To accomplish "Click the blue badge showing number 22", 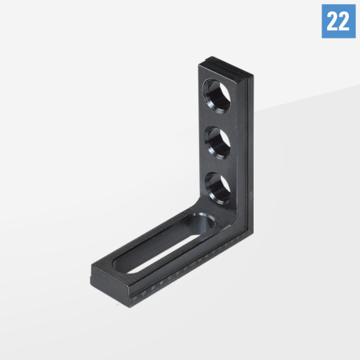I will click(x=338, y=21).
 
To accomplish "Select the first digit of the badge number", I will click(x=331, y=21).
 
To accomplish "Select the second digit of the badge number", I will click(x=344, y=21).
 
